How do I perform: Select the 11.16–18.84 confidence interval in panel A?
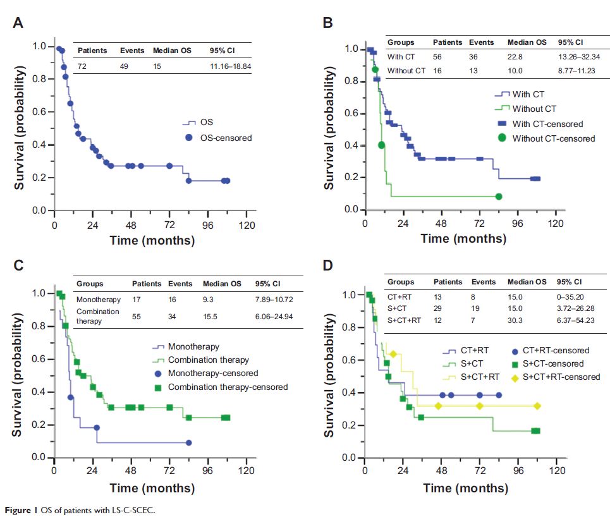click(x=230, y=65)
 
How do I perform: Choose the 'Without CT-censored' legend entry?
click(x=553, y=138)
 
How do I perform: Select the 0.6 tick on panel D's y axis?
click(x=352, y=360)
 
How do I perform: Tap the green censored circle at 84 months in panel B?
click(x=499, y=197)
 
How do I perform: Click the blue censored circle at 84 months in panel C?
click(x=188, y=442)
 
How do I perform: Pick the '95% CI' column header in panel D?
click(x=570, y=282)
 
